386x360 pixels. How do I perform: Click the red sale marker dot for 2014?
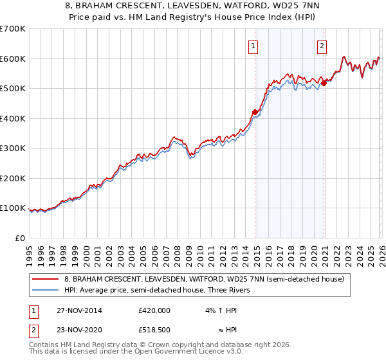click(x=255, y=113)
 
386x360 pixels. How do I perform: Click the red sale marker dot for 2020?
click(x=324, y=82)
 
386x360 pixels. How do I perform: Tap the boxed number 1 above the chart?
click(x=253, y=46)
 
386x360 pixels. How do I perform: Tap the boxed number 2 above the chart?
click(x=321, y=46)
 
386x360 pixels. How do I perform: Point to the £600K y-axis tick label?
click(x=12, y=59)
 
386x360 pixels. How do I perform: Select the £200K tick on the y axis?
click(x=12, y=178)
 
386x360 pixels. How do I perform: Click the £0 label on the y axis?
click(x=19, y=238)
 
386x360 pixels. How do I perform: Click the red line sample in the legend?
click(x=46, y=279)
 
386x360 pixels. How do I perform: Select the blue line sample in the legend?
click(x=46, y=290)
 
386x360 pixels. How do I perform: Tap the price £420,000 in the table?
click(x=154, y=310)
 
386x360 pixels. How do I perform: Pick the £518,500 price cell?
click(x=154, y=331)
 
